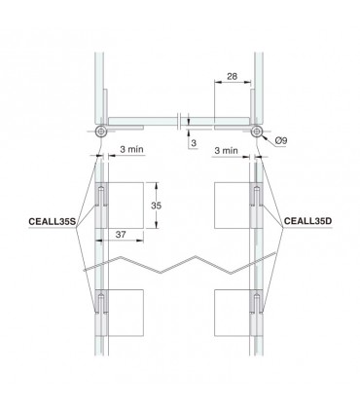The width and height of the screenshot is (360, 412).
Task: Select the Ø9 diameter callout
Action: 281,143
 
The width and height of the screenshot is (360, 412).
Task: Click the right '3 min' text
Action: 226,152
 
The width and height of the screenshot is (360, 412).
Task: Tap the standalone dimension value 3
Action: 195,142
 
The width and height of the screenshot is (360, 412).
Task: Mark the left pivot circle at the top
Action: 100,131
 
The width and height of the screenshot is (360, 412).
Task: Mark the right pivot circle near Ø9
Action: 256,131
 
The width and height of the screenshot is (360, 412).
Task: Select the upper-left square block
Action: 121,205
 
